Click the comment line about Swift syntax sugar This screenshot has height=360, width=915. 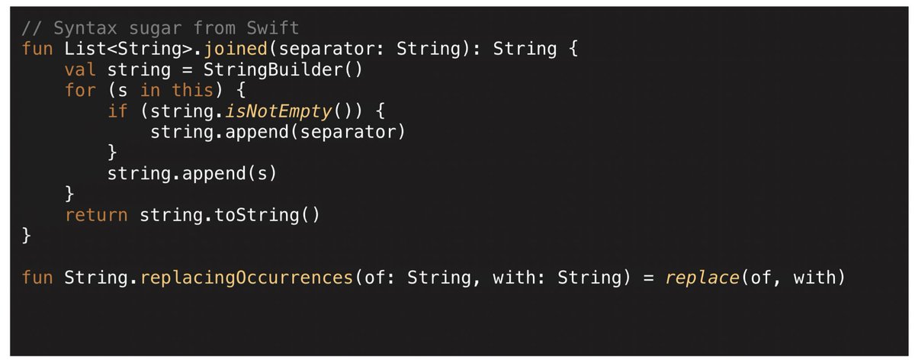[160, 28]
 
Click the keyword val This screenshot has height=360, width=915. [80, 70]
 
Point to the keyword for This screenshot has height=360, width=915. [80, 91]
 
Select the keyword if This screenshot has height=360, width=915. [117, 111]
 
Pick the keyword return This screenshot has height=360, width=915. [96, 215]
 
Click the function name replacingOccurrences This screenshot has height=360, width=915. [245, 278]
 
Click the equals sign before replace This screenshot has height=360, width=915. [648, 278]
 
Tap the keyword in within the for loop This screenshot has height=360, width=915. [149, 91]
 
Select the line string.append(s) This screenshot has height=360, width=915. [191, 174]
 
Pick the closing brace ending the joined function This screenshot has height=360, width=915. [27, 236]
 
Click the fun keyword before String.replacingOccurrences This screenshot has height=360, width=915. [37, 278]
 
